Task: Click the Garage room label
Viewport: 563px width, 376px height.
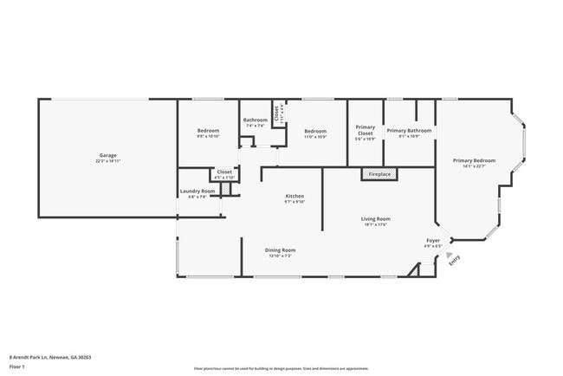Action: tap(107, 155)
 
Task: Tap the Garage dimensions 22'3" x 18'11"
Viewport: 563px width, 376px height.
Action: tap(107, 161)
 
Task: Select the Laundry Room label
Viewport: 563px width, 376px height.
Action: tap(197, 191)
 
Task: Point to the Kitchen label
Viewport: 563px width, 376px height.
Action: tap(295, 196)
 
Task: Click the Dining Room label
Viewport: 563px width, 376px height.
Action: tap(280, 250)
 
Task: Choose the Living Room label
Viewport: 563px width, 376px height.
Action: tap(376, 218)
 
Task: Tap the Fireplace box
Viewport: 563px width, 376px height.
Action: tap(379, 174)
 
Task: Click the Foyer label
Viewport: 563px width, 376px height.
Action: tap(433, 240)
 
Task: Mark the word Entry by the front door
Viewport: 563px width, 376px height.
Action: tap(455, 258)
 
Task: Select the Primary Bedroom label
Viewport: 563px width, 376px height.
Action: tap(474, 160)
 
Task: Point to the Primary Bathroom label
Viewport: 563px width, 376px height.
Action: tap(409, 130)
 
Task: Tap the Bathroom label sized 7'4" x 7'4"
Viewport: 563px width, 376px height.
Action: tap(256, 120)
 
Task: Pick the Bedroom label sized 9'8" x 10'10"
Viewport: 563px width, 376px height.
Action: tap(208, 130)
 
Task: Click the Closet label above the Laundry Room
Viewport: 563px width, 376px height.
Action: tap(224, 172)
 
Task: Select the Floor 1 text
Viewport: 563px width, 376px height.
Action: tap(17, 366)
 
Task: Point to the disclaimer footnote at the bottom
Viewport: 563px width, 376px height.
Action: tap(281, 367)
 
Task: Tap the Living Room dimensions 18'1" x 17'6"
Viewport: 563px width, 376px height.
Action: tap(376, 224)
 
